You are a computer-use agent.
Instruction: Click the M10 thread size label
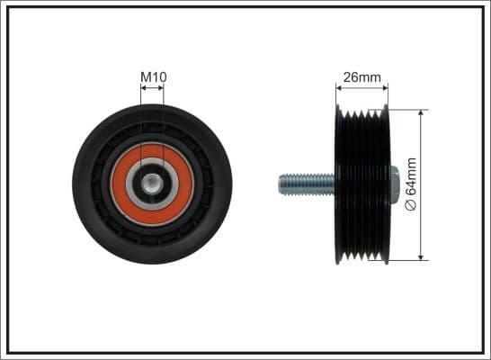click(153, 77)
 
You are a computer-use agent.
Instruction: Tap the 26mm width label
click(363, 77)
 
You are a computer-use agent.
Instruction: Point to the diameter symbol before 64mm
click(412, 205)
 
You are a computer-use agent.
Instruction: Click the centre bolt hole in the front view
click(152, 184)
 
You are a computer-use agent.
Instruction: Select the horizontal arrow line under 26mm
click(363, 88)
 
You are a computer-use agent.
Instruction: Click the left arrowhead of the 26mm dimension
click(339, 88)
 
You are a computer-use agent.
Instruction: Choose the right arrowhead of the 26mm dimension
click(387, 88)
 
